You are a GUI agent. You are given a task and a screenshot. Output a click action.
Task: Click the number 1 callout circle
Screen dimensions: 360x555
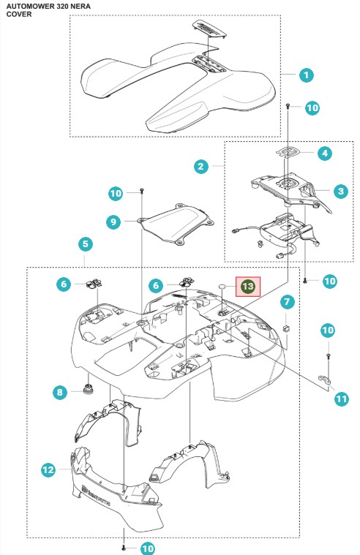(306, 75)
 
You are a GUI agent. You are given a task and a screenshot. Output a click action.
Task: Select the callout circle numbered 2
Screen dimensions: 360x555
(201, 166)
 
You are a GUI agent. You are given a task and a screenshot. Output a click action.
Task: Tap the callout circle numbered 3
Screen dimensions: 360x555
(341, 192)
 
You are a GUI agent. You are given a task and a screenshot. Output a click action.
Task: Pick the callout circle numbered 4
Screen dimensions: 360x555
(325, 154)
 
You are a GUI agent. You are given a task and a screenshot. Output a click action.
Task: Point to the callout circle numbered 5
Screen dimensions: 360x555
(85, 244)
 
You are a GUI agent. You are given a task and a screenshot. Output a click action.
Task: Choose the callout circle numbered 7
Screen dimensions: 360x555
(287, 302)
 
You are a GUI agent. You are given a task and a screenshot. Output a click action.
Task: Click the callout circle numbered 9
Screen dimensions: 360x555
(113, 222)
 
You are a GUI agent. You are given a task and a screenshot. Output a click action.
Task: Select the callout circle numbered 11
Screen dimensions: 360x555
(341, 399)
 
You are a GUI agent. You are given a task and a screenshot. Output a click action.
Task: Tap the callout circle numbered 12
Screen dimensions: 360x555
(48, 470)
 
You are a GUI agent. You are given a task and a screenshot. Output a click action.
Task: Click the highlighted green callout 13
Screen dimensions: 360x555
(248, 287)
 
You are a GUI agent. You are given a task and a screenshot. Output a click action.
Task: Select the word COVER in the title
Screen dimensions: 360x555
(19, 15)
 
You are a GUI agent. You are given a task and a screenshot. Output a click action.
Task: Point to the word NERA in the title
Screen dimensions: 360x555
(81, 7)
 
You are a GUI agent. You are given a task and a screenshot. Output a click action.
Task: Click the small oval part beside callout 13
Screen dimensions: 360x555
(222, 286)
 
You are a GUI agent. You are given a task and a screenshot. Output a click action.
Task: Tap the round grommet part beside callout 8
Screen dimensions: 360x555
(88, 388)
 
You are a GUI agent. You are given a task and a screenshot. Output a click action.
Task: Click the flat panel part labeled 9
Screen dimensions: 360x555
(176, 223)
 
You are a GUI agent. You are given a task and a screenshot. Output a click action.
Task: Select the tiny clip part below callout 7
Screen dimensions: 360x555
(286, 328)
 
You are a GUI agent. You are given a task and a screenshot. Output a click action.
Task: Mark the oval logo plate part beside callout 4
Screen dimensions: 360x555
(288, 152)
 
